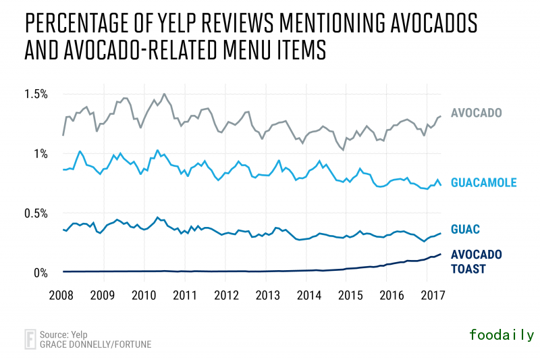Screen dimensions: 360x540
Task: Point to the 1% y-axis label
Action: (41, 153)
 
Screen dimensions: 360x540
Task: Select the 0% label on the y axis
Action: (41, 273)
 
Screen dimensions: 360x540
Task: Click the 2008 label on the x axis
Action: (62, 295)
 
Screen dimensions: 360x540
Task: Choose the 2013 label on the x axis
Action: (268, 295)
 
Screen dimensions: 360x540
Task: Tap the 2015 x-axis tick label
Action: (350, 295)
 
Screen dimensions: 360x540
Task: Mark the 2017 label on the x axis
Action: (432, 295)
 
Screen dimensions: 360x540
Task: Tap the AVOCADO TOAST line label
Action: (476, 262)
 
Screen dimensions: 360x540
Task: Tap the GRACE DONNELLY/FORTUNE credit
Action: (95, 344)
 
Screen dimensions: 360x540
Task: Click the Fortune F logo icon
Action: (30, 338)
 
